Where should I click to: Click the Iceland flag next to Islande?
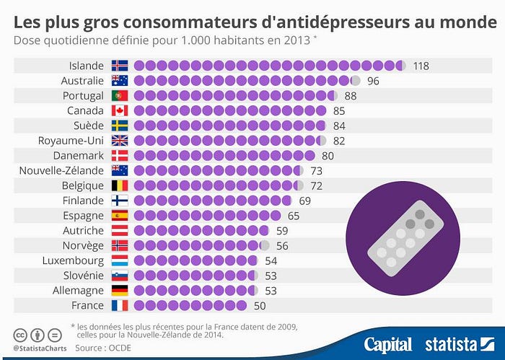point(120,66)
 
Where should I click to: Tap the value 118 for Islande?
point(421,66)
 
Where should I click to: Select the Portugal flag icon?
point(120,96)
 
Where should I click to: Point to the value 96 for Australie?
point(373,81)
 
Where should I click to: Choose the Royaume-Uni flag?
point(120,141)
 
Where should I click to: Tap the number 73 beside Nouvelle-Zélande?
point(316,170)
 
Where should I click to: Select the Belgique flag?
point(120,185)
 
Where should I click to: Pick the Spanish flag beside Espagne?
point(120,216)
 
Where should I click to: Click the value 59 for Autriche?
point(282,231)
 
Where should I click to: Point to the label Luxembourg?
point(74,260)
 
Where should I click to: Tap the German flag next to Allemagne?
point(120,290)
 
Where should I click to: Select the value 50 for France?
point(260,305)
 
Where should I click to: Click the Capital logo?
point(387,344)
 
